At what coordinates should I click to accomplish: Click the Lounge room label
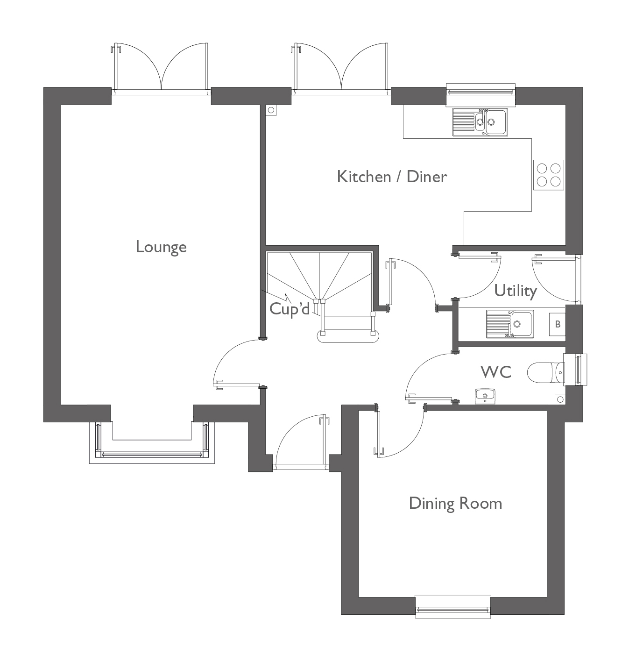(161, 247)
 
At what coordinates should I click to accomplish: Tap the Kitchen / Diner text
(392, 177)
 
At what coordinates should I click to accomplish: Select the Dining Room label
(455, 503)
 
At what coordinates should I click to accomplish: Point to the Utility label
(516, 291)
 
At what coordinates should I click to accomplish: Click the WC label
(496, 372)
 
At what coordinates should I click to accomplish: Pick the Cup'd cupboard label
(290, 309)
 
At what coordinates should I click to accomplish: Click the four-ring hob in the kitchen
(549, 175)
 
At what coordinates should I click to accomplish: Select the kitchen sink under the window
(480, 122)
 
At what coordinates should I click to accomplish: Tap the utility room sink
(510, 323)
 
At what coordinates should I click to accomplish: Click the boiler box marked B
(558, 324)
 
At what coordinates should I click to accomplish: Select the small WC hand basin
(485, 396)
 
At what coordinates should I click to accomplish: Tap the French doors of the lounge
(161, 68)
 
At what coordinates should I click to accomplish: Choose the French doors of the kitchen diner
(341, 68)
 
